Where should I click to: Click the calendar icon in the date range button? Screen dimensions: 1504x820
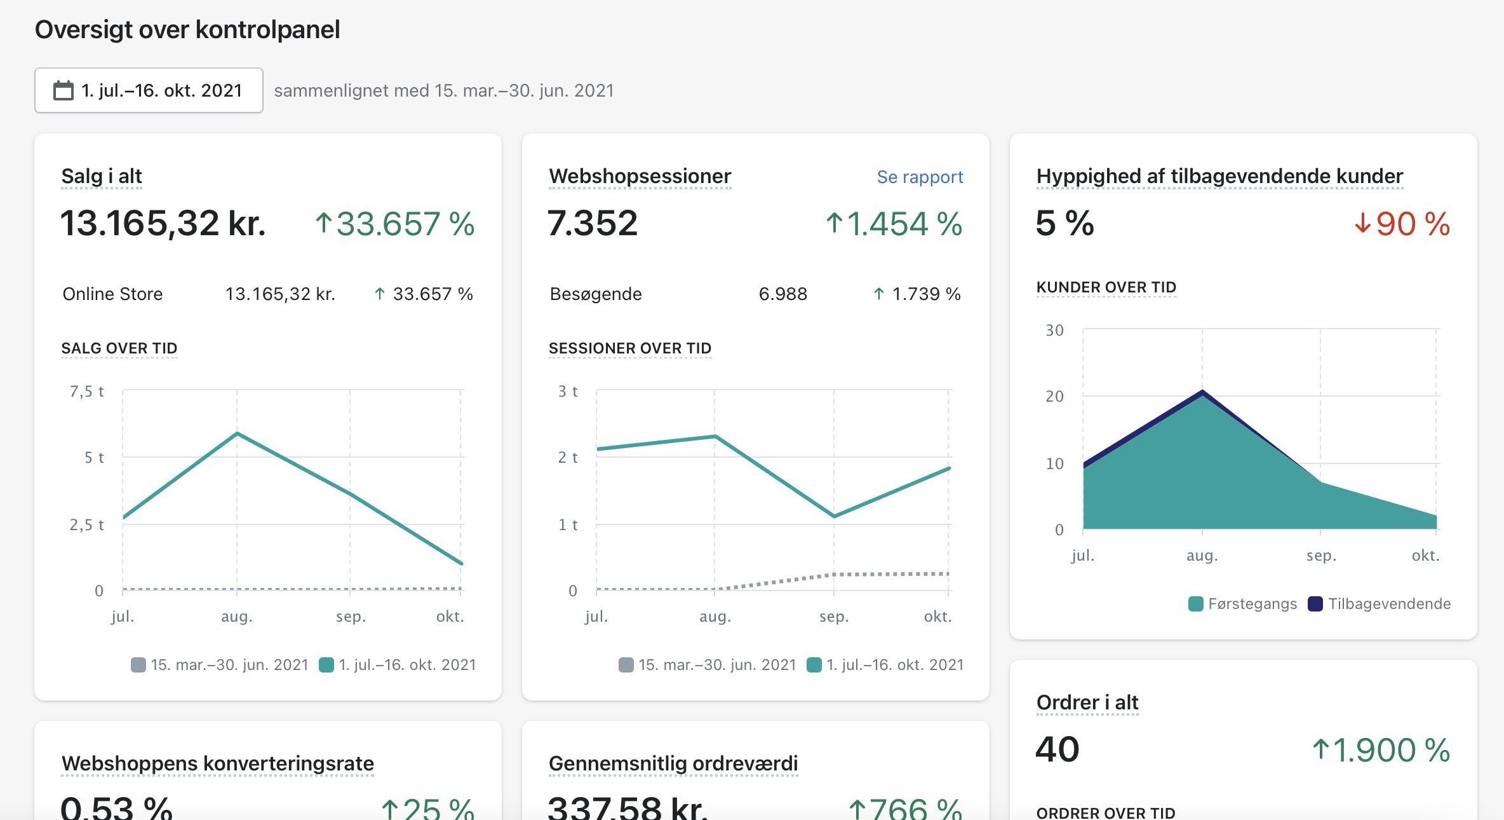[x=64, y=90]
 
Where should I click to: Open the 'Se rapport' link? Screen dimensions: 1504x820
[x=920, y=177]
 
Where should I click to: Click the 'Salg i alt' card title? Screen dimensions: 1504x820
[x=102, y=176]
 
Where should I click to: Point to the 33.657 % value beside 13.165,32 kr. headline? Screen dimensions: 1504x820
[x=395, y=224]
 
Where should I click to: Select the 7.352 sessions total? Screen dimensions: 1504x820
[x=593, y=223]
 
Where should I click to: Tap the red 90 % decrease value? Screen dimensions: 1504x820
[x=1402, y=224]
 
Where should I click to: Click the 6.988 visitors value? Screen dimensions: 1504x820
[x=783, y=294]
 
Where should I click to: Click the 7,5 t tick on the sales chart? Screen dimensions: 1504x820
[x=87, y=391]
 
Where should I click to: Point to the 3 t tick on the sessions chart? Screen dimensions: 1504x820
[x=568, y=391]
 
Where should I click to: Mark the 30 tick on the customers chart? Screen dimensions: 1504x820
[x=1054, y=330]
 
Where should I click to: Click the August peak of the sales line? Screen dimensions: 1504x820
[x=237, y=434]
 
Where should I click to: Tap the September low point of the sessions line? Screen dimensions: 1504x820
[x=834, y=516]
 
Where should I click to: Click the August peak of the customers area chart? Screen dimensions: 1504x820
[x=1202, y=391]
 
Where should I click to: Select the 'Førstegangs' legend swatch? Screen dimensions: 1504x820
[x=1196, y=604]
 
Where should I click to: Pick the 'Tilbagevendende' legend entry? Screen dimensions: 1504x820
[x=1380, y=604]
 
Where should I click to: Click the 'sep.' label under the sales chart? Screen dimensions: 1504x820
[x=351, y=617]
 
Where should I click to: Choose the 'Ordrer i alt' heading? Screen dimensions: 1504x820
[x=1087, y=702]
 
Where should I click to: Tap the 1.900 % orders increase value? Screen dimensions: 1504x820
[x=1381, y=750]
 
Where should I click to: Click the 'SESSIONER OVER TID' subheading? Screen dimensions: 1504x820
[x=630, y=348]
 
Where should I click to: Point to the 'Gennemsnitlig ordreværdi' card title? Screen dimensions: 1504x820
[x=673, y=763]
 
